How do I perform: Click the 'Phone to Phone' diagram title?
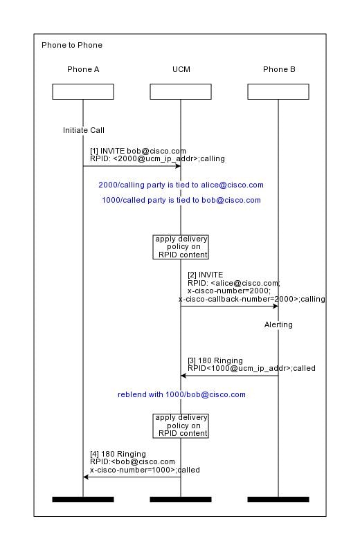[72, 45]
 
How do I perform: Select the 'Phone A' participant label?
[83, 69]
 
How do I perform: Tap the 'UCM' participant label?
[181, 69]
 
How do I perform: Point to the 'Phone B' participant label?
[279, 69]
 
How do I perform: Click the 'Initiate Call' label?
[84, 130]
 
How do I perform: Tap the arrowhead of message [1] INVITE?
[179, 166]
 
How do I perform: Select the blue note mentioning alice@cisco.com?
[181, 185]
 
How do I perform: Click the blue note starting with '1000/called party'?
[181, 201]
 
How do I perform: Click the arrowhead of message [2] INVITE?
[276, 306]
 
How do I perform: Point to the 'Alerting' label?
[278, 324]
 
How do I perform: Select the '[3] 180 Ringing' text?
[215, 360]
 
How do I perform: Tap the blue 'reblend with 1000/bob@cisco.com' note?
[181, 394]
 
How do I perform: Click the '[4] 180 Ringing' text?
[118, 454]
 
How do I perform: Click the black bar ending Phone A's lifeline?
[83, 499]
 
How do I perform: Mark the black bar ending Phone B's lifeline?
[278, 499]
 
